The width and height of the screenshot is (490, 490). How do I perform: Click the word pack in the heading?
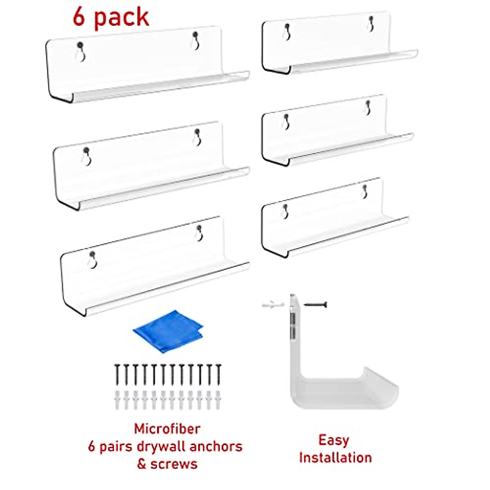[x=122, y=18]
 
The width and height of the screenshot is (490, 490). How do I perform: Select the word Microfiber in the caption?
[x=167, y=429]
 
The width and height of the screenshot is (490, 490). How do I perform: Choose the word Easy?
[x=334, y=440]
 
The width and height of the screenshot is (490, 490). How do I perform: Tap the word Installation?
[x=335, y=458]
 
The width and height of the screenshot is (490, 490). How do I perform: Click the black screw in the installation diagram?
[x=316, y=304]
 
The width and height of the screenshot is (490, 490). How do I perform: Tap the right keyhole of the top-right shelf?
[x=371, y=24]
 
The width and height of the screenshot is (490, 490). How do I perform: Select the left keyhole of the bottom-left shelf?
[x=93, y=260]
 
